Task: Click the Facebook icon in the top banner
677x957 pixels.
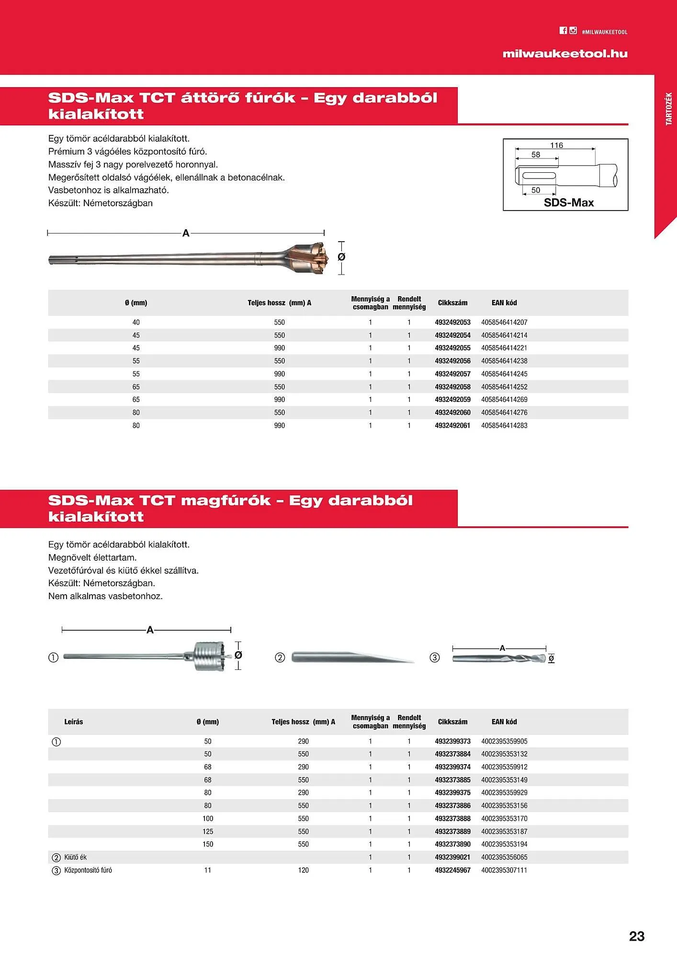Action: coord(563,31)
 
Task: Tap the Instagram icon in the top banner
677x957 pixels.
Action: coord(573,31)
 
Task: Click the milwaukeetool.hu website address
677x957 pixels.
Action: coord(565,54)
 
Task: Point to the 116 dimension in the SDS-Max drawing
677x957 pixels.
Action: coord(556,145)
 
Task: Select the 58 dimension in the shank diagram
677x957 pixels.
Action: coord(536,155)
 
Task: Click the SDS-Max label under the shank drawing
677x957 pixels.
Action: coord(568,202)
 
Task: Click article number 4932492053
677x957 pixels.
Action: coord(452,323)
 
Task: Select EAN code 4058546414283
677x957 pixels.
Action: coord(504,425)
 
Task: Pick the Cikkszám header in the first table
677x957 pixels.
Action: coord(452,303)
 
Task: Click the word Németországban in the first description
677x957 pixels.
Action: coord(118,203)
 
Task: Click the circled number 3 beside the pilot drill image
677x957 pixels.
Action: coord(435,658)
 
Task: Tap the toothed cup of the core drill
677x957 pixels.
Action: coord(210,656)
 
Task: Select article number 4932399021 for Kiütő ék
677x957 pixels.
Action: coord(452,857)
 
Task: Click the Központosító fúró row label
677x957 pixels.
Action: coord(88,870)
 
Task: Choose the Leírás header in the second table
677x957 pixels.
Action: coord(74,722)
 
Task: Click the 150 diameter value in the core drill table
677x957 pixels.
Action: coord(208,844)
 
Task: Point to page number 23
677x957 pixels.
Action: coord(636,936)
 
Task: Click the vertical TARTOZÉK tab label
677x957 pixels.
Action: coord(669,109)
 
